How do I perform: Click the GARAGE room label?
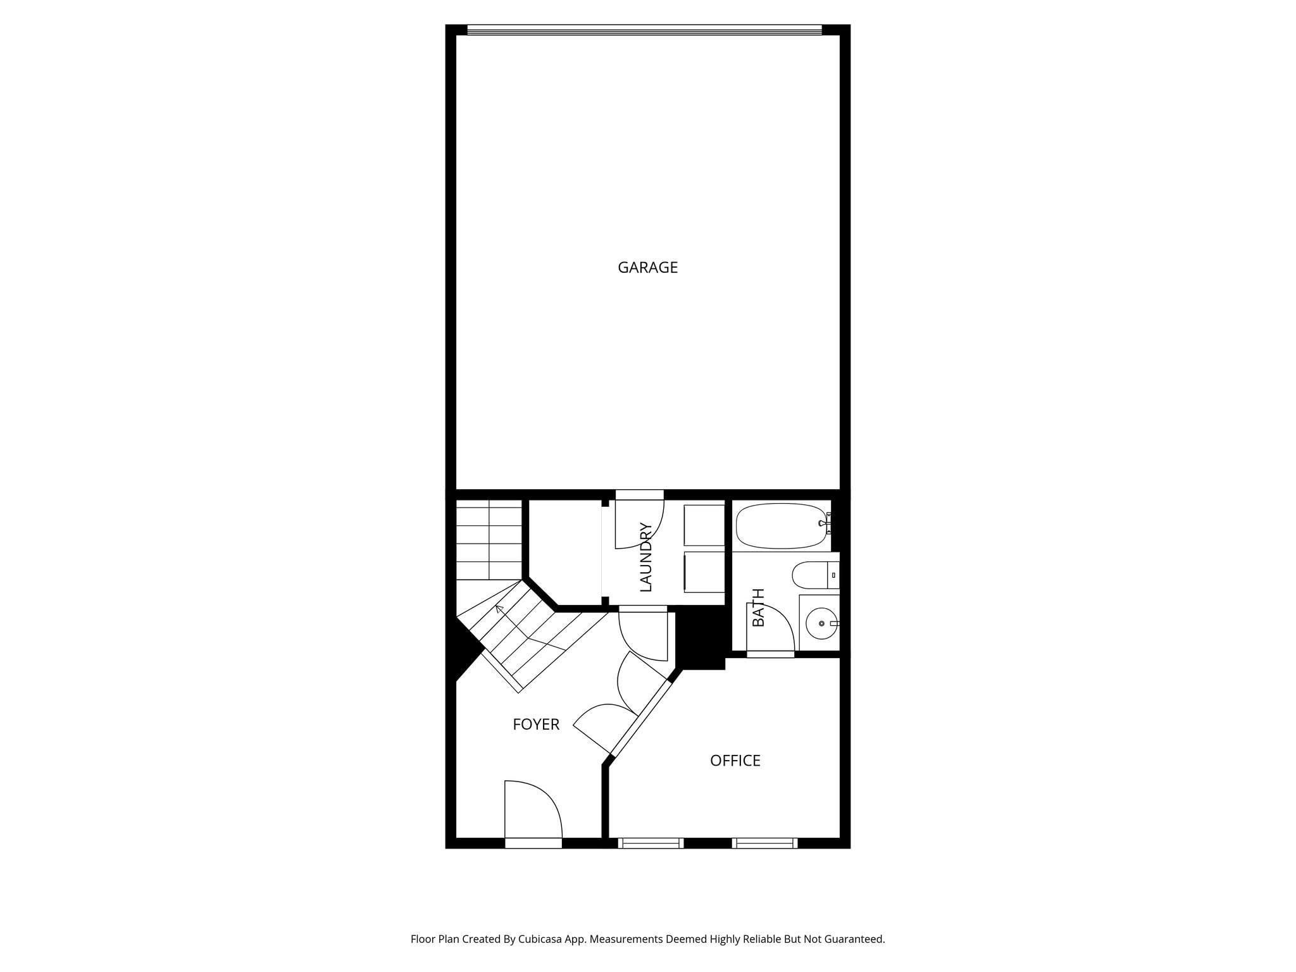coord(647,268)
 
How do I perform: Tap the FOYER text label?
coord(536,725)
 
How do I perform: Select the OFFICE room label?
coord(735,761)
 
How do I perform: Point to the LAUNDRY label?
coord(645,557)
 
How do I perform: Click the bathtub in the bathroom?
coord(782,525)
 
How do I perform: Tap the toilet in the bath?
coord(813,575)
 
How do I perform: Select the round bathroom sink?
coord(821,623)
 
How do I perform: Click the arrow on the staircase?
coord(499,609)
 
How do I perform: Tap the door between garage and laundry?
coord(639,522)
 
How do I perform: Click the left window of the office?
coord(651,843)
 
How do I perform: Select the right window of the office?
coord(764,843)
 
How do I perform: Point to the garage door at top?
coord(644,30)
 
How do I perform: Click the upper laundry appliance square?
coord(704,525)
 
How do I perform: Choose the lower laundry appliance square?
coord(704,572)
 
